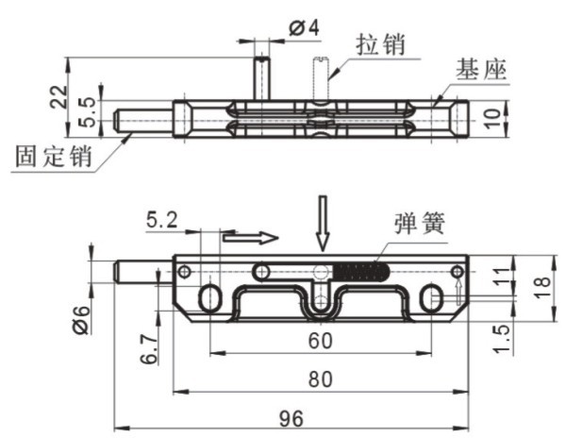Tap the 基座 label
[481, 70]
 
